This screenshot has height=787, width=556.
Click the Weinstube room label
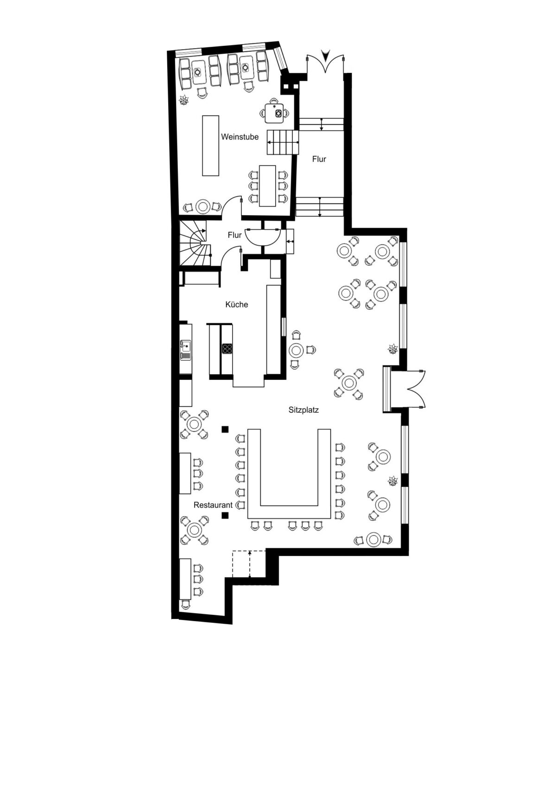coord(240,137)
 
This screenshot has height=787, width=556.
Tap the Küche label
coord(237,304)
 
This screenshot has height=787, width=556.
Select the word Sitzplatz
coord(303,409)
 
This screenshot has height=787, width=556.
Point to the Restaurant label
coord(213,505)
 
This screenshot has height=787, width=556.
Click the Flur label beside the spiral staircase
coord(234,235)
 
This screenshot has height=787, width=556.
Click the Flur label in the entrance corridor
coord(319,159)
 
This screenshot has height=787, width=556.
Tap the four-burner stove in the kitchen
coord(227,348)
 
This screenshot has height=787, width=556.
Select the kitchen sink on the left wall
coord(186,350)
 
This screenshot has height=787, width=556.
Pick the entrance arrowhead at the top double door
coord(326,55)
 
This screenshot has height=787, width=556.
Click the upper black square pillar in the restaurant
coord(225,429)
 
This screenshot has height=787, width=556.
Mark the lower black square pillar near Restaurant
coord(225,515)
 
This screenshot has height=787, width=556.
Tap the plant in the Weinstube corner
coord(183,101)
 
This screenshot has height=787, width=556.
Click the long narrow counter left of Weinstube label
coord(210,145)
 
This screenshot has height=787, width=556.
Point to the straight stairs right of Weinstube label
coord(283,142)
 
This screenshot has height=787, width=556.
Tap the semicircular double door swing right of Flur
coord(263,237)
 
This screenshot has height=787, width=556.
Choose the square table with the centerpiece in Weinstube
coord(274,113)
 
